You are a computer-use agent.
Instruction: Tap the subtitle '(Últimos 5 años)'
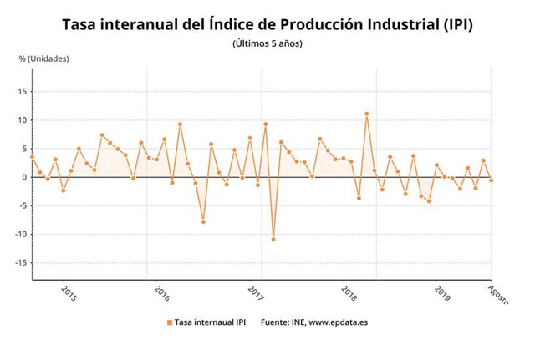[x=267, y=43]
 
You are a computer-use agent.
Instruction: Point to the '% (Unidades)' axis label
[x=43, y=58]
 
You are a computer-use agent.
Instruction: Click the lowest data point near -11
[x=273, y=240]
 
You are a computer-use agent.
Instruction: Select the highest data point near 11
[x=366, y=114]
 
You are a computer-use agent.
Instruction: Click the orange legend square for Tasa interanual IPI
[x=170, y=322]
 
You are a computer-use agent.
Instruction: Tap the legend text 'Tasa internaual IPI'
[x=209, y=322]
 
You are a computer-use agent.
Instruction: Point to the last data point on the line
[x=491, y=180]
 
